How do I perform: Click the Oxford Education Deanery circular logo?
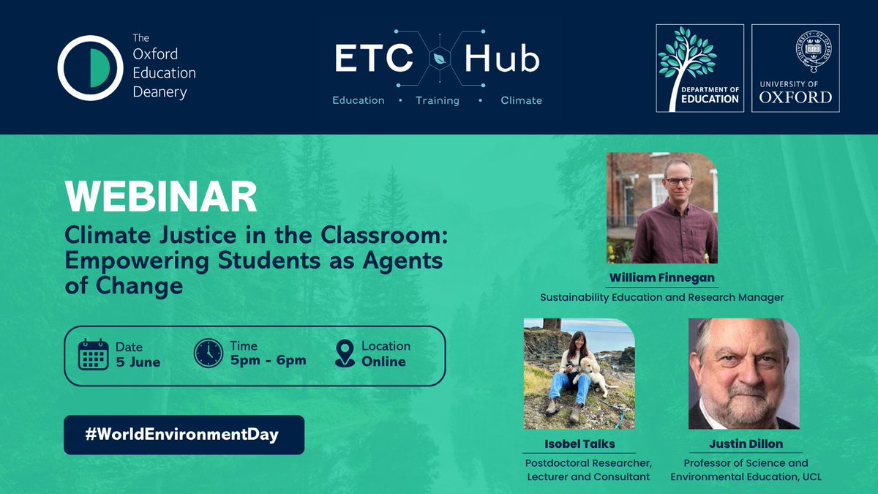[x=89, y=67]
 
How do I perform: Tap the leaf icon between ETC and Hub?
[x=440, y=59]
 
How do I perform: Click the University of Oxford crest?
[x=795, y=50]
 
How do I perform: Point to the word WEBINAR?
[x=160, y=197]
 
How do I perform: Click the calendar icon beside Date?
[x=93, y=354]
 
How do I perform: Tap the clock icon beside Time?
[x=209, y=353]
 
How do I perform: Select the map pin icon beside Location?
[x=344, y=353]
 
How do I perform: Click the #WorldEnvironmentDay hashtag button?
[x=183, y=434]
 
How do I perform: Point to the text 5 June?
[x=138, y=362]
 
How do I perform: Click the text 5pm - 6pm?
[x=268, y=360]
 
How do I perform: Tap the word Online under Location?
[x=383, y=361]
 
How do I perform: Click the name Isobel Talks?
[x=579, y=444]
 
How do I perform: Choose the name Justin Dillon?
[x=745, y=444]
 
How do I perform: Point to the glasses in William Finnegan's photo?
[x=678, y=181]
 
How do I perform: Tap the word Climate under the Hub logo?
[x=521, y=100]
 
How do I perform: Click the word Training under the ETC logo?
[x=437, y=100]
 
